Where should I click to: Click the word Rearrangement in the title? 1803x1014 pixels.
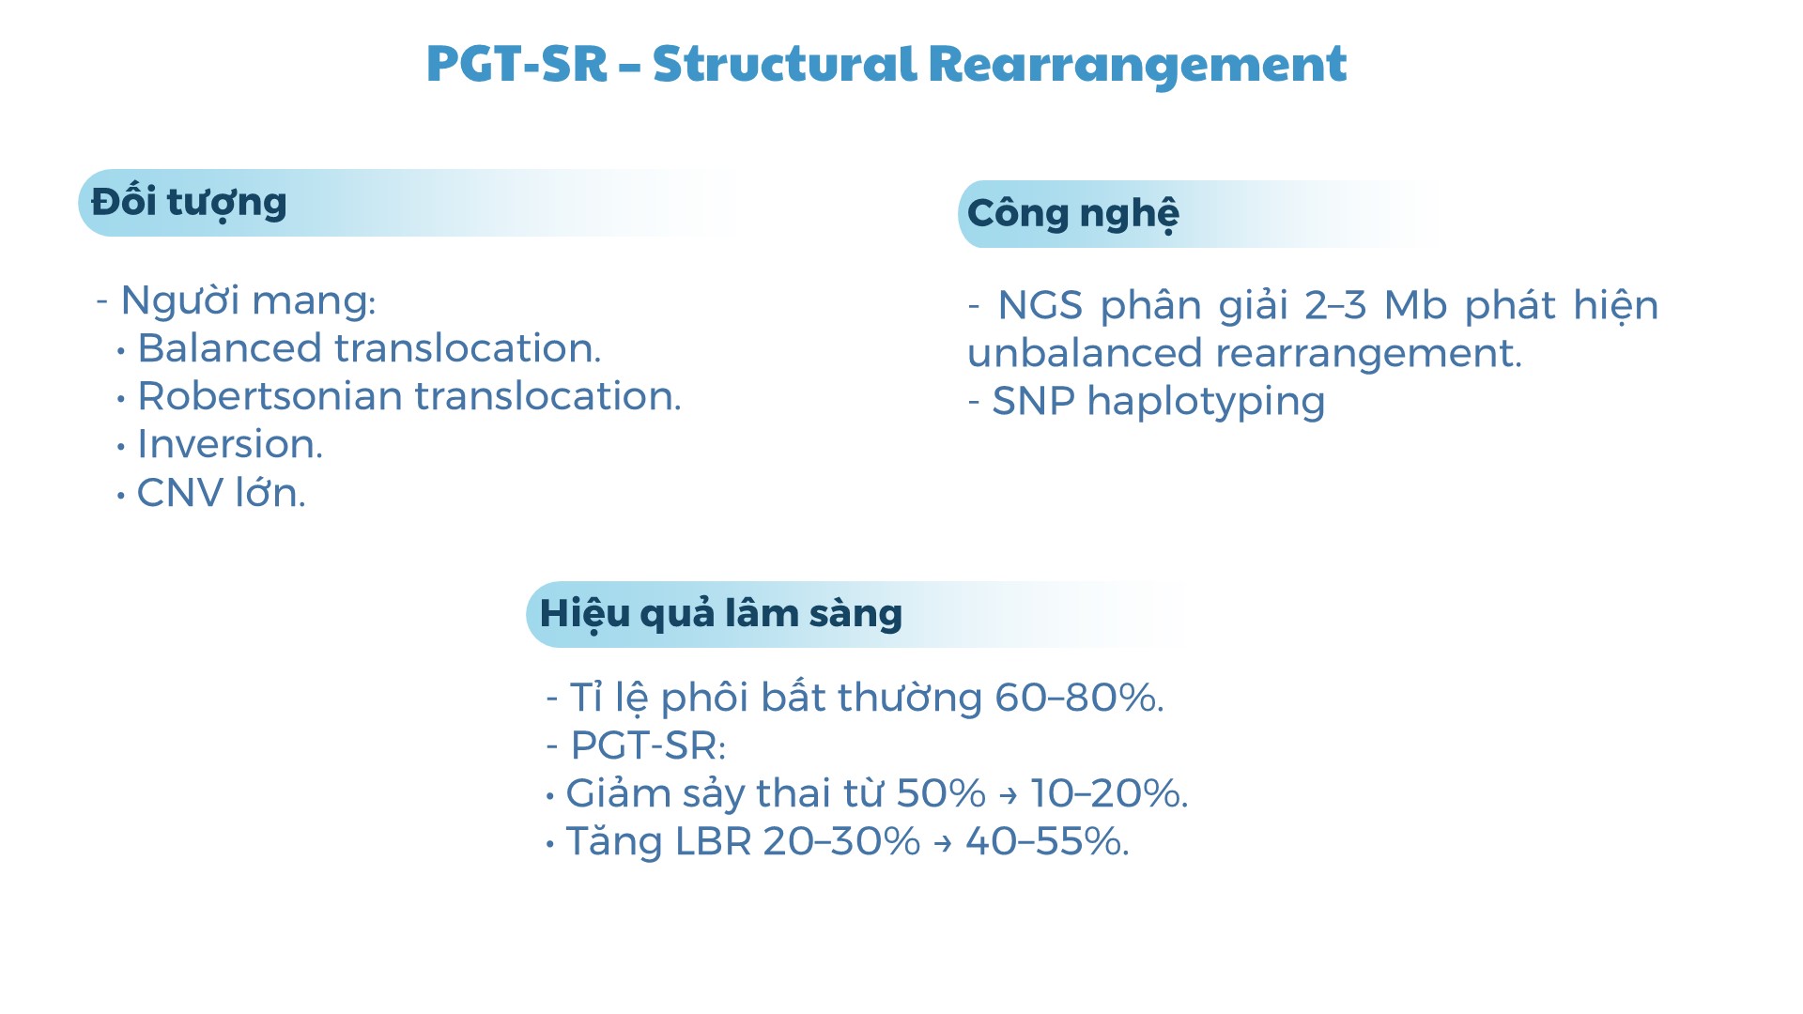(x=1137, y=65)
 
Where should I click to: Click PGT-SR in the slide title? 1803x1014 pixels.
(x=517, y=65)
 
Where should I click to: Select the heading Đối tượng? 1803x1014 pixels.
(x=189, y=203)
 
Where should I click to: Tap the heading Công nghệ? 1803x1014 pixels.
(x=1073, y=214)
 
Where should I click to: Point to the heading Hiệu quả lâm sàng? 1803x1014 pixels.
(x=721, y=614)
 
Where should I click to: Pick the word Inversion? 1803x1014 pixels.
(x=230, y=444)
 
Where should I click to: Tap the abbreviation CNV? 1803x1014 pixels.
(x=180, y=493)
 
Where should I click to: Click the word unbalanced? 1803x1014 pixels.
(x=1085, y=354)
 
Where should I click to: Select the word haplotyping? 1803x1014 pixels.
(x=1206, y=403)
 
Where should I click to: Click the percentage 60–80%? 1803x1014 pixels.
(x=1079, y=698)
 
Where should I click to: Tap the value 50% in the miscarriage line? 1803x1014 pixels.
(x=941, y=793)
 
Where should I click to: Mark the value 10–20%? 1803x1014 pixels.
(x=1109, y=793)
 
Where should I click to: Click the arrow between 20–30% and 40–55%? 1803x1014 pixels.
(x=943, y=843)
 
